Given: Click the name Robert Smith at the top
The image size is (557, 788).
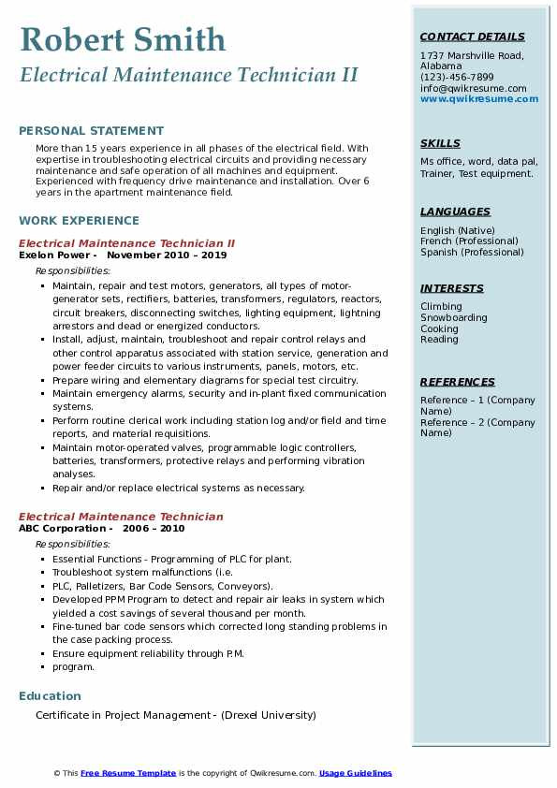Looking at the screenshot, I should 123,39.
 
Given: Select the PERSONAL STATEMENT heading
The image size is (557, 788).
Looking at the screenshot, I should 91,131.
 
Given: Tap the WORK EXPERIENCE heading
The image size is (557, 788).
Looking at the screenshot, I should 79,221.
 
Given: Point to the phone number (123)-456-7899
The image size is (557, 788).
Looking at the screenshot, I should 457,78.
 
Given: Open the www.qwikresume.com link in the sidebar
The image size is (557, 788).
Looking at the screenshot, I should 479,98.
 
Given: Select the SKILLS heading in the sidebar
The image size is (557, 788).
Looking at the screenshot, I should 440,143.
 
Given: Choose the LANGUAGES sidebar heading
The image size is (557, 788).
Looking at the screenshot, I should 455,212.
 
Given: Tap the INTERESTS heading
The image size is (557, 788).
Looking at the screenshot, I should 452,288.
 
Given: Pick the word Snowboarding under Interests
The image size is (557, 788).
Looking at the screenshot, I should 454,318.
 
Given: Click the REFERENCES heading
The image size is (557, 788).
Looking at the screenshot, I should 458,382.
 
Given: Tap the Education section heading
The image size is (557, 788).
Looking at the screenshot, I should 50,696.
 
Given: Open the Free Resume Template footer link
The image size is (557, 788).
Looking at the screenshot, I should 128,773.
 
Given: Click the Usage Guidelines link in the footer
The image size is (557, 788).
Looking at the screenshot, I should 356,773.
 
